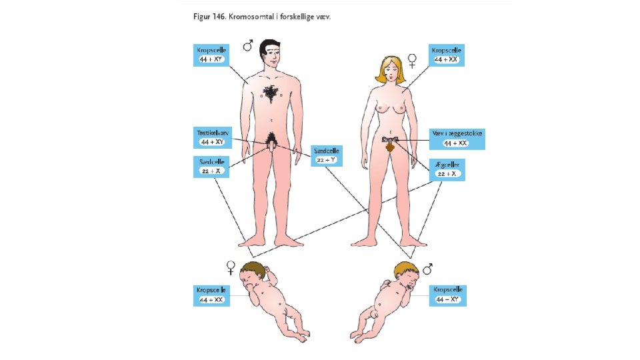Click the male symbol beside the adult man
[x=248, y=45]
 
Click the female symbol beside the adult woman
[x=413, y=61]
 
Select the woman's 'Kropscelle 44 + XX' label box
[x=446, y=55]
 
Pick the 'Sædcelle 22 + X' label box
[x=211, y=167]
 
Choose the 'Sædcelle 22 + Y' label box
[x=327, y=155]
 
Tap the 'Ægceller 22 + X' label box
[x=446, y=169]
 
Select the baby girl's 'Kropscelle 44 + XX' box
[x=210, y=295]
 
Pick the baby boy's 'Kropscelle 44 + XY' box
[x=447, y=295]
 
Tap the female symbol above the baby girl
[x=231, y=267]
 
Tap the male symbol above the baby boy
[x=427, y=267]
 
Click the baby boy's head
[x=405, y=273]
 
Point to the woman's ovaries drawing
[x=391, y=141]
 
